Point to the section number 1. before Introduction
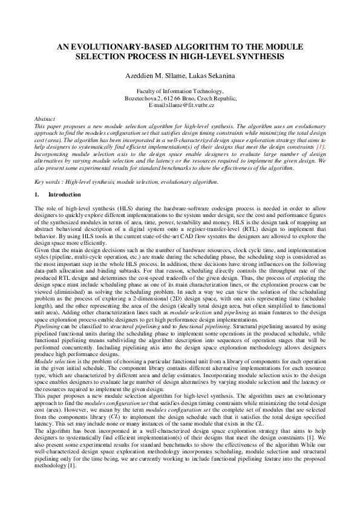(38, 195)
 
